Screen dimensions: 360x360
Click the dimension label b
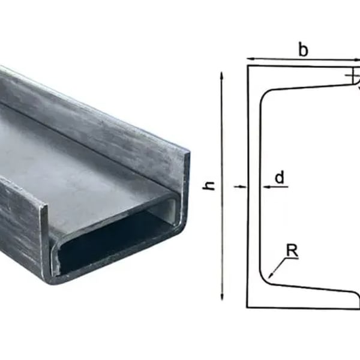304,50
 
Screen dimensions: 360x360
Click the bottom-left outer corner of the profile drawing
248,308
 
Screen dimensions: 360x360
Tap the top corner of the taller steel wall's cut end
187,153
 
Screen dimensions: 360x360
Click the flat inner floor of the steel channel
78,156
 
